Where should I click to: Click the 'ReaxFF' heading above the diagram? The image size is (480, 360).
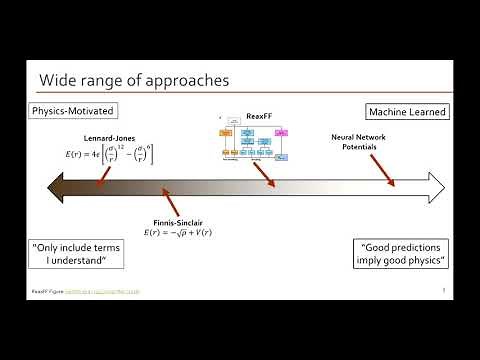pyautogui.click(x=257, y=117)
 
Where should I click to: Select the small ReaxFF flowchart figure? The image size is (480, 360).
pyautogui.click(x=254, y=142)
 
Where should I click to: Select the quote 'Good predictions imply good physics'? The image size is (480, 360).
pyautogui.click(x=404, y=254)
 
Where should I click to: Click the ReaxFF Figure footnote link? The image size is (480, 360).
pyautogui.click(x=85, y=293)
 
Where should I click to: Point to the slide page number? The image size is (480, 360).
pyautogui.click(x=442, y=291)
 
